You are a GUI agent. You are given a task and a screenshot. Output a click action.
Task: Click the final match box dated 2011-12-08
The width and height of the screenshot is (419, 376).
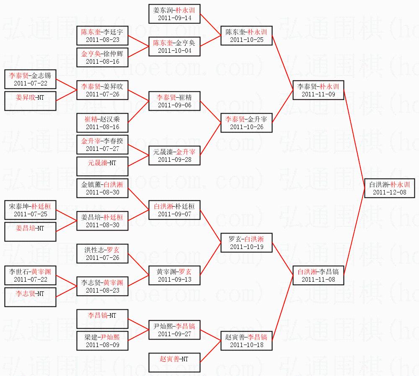coord(390,188)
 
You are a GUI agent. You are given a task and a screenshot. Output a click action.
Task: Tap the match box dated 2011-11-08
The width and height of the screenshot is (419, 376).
coord(318,279)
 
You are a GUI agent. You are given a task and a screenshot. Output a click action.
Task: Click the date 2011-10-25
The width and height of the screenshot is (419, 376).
coord(246,40)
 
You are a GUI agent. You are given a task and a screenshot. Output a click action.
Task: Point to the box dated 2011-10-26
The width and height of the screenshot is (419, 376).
coord(246,123)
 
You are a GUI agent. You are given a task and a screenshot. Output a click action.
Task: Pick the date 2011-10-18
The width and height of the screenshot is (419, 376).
coord(246,345)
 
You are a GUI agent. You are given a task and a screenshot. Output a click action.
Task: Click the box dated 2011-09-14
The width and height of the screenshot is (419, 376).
coord(174,18)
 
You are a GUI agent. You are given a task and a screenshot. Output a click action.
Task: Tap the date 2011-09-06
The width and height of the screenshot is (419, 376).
coord(174,105)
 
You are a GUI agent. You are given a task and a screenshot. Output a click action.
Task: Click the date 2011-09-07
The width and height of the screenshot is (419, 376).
coord(174,214)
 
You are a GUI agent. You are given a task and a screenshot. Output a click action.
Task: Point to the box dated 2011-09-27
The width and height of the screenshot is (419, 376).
coord(174,334)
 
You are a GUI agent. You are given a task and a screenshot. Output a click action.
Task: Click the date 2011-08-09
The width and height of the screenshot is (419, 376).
coord(103,345)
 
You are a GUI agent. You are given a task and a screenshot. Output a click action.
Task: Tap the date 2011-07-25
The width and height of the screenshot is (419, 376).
coord(30,214)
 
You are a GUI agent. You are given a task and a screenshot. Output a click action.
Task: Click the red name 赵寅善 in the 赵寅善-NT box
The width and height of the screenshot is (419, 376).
coord(169,359)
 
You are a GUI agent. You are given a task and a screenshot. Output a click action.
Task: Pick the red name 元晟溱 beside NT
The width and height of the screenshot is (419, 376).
coord(97,162)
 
